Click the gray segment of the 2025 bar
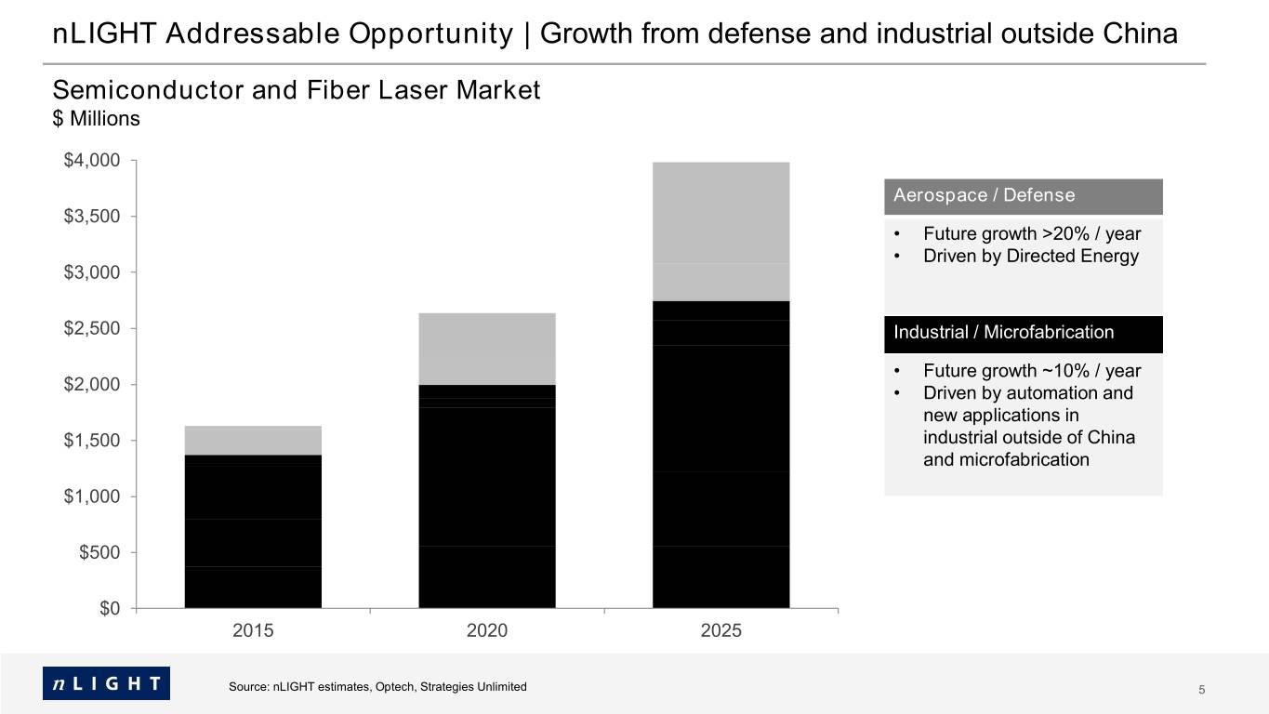click(x=720, y=231)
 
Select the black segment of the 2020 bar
click(x=486, y=496)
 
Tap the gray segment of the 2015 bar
click(x=253, y=441)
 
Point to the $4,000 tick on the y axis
click(x=134, y=160)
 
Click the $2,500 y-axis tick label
click(x=92, y=328)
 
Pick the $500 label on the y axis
click(x=99, y=552)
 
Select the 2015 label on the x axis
click(x=253, y=630)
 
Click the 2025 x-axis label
click(x=720, y=630)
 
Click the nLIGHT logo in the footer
click(x=107, y=683)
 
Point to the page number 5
click(x=1201, y=690)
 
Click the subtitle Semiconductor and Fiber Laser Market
click(x=297, y=90)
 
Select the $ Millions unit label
click(x=97, y=118)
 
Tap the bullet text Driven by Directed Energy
click(x=1030, y=257)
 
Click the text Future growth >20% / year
click(x=1032, y=233)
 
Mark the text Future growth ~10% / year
click(x=1032, y=371)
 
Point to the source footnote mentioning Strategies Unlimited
click(x=377, y=687)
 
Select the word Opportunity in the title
click(x=430, y=34)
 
